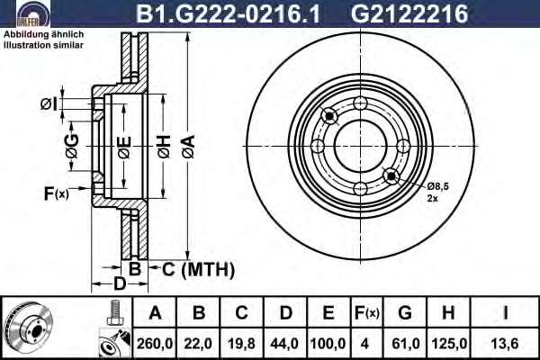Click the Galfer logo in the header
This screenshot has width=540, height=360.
(x=33, y=13)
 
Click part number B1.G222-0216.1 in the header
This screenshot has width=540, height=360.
(x=228, y=13)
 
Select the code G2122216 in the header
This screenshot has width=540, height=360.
(x=409, y=13)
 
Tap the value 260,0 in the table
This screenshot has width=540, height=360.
(x=155, y=344)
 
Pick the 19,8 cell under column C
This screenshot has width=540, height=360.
(x=241, y=344)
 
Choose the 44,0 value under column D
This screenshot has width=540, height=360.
(x=284, y=344)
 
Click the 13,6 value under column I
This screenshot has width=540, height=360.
(x=505, y=344)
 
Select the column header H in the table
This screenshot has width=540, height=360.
(x=448, y=313)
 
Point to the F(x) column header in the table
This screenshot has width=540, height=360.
(x=367, y=313)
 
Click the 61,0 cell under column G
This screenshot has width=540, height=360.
(x=406, y=344)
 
